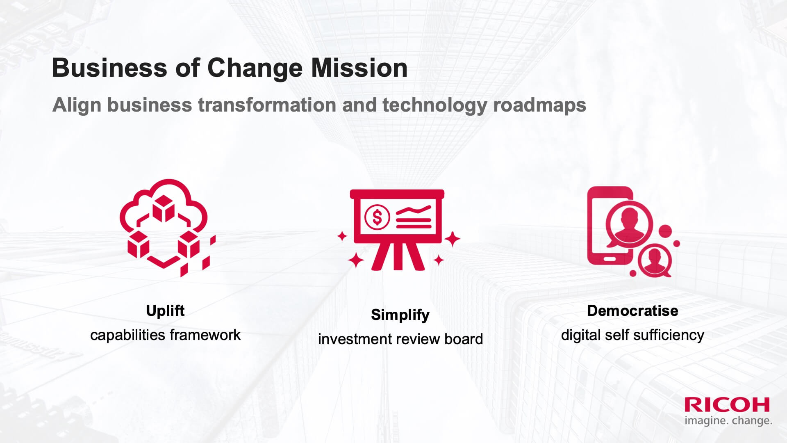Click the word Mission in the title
point(359,68)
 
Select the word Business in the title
point(109,68)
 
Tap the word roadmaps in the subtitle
point(539,105)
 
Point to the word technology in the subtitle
point(434,105)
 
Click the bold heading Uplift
point(165,311)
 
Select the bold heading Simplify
point(400,315)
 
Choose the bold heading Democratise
point(632,311)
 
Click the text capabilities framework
point(165,335)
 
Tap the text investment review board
point(400,339)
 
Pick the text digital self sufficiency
point(632,335)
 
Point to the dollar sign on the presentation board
point(377,217)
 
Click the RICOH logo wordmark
point(727,405)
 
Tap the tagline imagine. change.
point(728,420)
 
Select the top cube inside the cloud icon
point(164,208)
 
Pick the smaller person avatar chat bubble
point(655,260)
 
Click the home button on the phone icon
point(608,259)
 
